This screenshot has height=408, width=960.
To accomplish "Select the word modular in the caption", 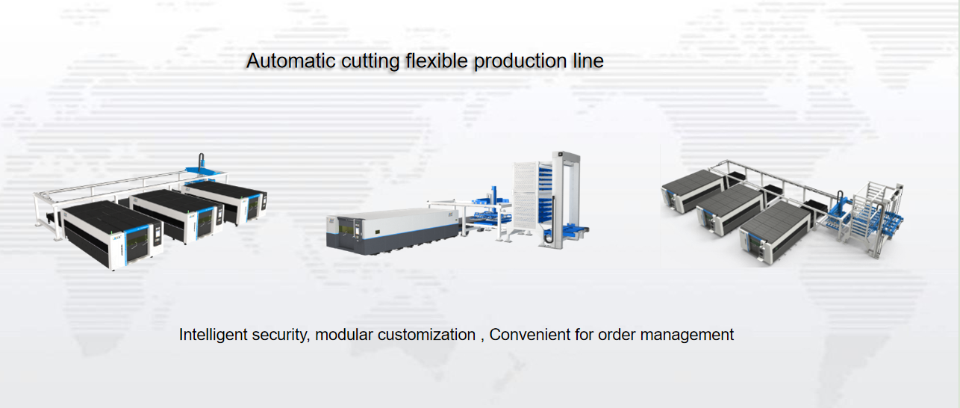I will (343, 335).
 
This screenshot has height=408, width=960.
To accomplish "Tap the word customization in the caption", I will (426, 335).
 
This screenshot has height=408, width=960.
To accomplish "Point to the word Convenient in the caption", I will (530, 335).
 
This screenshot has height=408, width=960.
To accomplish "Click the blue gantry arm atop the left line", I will (202, 164).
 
